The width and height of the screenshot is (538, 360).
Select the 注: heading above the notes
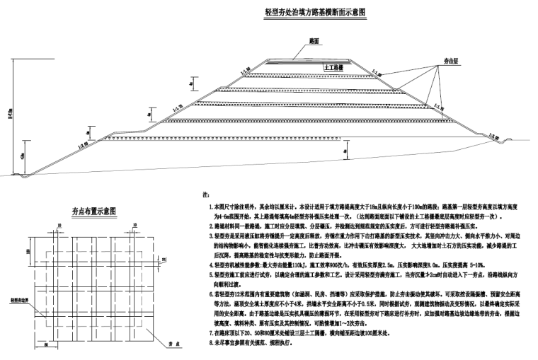pos(206,194)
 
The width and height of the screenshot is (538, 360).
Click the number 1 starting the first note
pos(211,206)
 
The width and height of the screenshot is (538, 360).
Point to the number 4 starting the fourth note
pos(211,264)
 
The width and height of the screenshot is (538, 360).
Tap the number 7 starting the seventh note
pos(211,332)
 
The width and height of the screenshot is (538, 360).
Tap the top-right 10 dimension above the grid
pos(136,226)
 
